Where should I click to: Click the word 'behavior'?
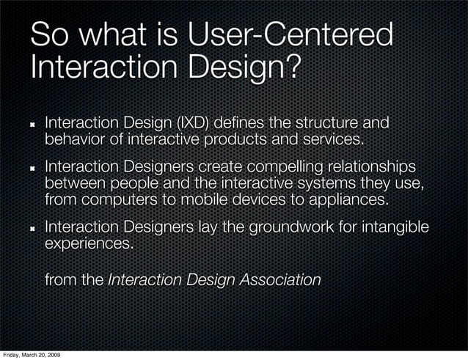[x=77, y=137]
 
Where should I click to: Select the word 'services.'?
[x=328, y=137]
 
